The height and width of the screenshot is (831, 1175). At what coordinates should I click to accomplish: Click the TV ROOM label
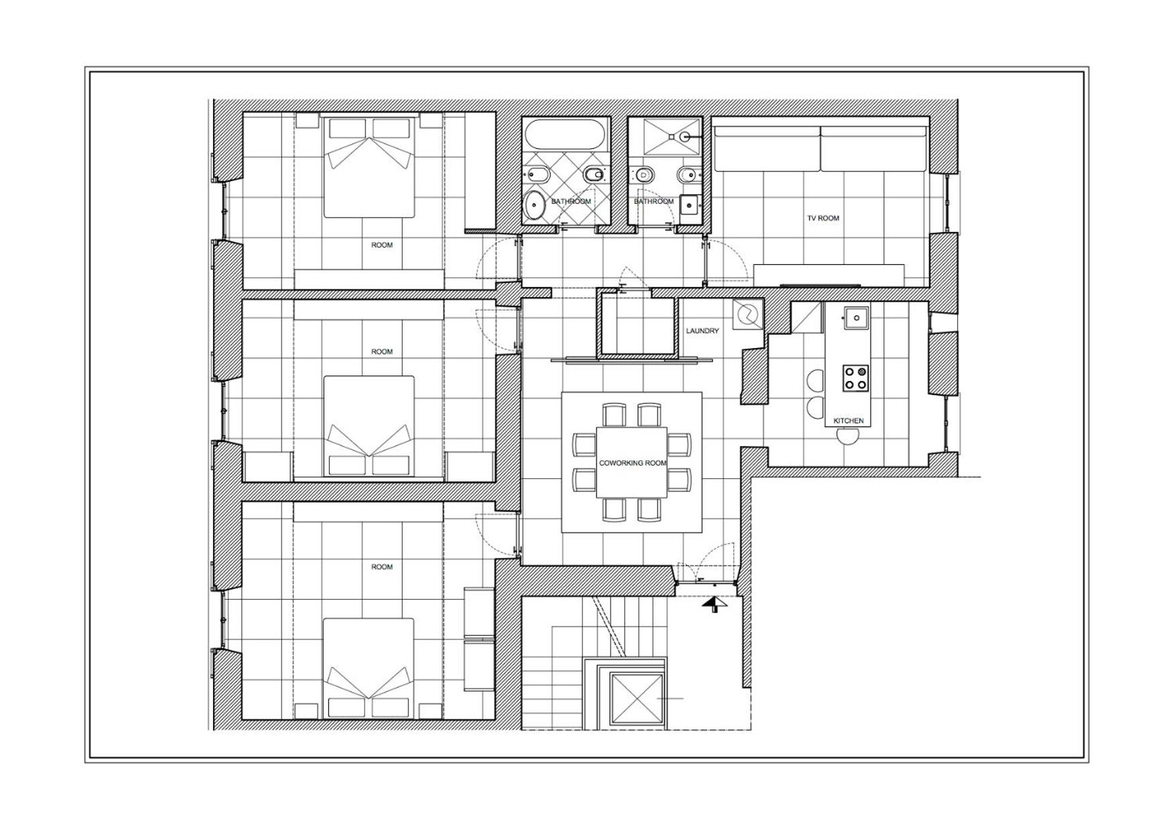(822, 218)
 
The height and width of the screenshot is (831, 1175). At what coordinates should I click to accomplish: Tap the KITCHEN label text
(848, 421)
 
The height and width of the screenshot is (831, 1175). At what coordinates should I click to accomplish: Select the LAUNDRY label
(702, 331)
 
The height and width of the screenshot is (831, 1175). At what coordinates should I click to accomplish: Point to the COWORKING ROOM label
(632, 463)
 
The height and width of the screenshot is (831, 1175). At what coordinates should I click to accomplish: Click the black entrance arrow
(715, 604)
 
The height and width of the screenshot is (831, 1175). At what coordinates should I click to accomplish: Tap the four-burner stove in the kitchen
(855, 378)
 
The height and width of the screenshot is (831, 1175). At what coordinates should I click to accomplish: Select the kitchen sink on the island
(856, 317)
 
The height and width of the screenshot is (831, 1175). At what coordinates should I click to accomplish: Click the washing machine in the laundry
(747, 314)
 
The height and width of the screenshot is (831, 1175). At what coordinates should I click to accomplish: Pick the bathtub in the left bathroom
(566, 134)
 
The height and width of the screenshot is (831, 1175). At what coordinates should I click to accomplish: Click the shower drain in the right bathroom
(684, 136)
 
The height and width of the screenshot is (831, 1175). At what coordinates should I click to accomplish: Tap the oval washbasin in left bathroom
(534, 205)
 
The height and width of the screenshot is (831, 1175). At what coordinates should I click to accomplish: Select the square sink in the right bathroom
(689, 205)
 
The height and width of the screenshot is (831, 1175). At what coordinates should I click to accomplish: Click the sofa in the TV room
(820, 148)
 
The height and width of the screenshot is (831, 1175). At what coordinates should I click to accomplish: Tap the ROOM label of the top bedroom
(382, 245)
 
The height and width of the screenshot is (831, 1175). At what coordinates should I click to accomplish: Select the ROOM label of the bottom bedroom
(382, 567)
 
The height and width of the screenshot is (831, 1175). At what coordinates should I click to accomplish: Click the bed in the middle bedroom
(369, 427)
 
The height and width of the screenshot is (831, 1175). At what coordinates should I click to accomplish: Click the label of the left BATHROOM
(571, 201)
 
